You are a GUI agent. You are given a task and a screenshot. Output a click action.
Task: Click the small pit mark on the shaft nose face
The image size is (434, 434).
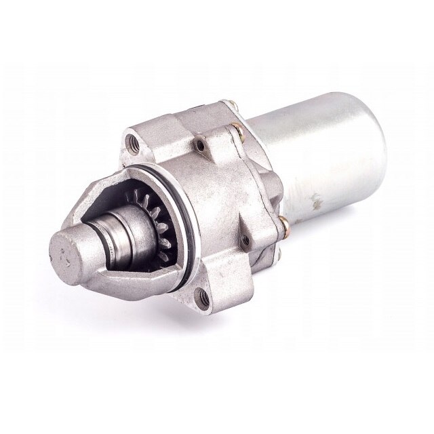pyautogui.click(x=64, y=258)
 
